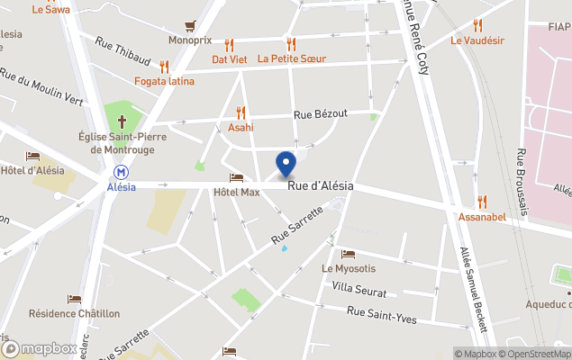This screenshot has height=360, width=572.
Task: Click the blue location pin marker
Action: tap(286, 164)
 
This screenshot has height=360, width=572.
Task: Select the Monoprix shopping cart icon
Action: tap(190, 25)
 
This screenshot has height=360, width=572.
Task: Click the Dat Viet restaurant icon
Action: tap(229, 44)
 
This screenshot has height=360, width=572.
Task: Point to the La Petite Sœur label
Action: tap(291, 59)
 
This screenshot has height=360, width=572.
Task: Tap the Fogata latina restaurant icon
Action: tap(164, 66)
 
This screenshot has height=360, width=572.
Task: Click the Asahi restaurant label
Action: tap(241, 128)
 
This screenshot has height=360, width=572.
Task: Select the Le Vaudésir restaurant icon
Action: tap(477, 25)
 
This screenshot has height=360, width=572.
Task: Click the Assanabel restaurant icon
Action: tap(482, 202)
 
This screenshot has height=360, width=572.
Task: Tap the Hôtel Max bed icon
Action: tap(236, 177)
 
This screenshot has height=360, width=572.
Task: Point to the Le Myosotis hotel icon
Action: tap(348, 254)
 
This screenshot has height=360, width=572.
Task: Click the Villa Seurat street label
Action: tap(359, 292)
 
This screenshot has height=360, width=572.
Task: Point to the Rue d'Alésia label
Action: tap(321, 185)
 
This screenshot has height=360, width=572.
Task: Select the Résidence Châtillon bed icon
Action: tap(74, 299)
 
